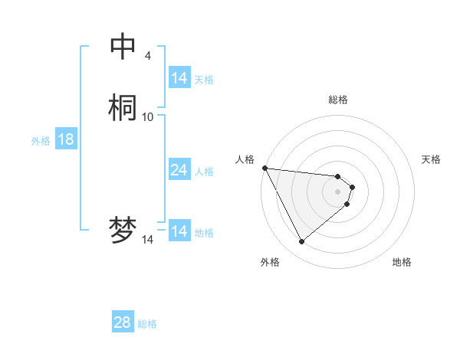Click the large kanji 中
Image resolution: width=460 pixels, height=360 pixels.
pyautogui.click(x=123, y=46)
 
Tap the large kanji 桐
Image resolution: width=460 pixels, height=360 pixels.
pyautogui.click(x=123, y=107)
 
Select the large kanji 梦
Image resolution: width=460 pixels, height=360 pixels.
pyautogui.click(x=123, y=230)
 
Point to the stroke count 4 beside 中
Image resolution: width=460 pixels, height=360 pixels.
pyautogui.click(x=147, y=55)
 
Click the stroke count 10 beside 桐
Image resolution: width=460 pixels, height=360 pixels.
pyautogui.click(x=148, y=116)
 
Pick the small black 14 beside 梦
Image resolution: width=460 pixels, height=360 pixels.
pyautogui.click(x=147, y=240)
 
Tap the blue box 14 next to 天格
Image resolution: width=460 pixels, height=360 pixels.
pyautogui.click(x=179, y=78)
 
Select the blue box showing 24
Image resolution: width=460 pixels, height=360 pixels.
pyautogui.click(x=179, y=170)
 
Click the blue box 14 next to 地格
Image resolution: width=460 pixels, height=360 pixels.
pyautogui.click(x=179, y=231)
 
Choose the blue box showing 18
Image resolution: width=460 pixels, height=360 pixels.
pyautogui.click(x=65, y=139)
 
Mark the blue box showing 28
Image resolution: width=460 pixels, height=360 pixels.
pyautogui.click(x=123, y=322)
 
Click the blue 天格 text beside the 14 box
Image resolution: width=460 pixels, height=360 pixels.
pyautogui.click(x=204, y=80)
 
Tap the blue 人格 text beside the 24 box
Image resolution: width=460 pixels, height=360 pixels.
pyautogui.click(x=204, y=172)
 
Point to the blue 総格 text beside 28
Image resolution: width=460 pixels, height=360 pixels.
pyautogui.click(x=147, y=324)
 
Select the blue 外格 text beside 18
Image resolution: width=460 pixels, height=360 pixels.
pyautogui.click(x=41, y=141)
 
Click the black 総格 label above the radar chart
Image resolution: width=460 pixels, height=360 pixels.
pyautogui.click(x=337, y=100)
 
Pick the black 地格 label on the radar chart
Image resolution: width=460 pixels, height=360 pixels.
pyautogui.click(x=402, y=262)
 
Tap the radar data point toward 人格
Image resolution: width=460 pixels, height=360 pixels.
pyautogui.click(x=264, y=168)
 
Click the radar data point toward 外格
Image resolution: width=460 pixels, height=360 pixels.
pyautogui.click(x=302, y=242)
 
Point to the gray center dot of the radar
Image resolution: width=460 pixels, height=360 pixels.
pyautogui.click(x=337, y=191)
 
